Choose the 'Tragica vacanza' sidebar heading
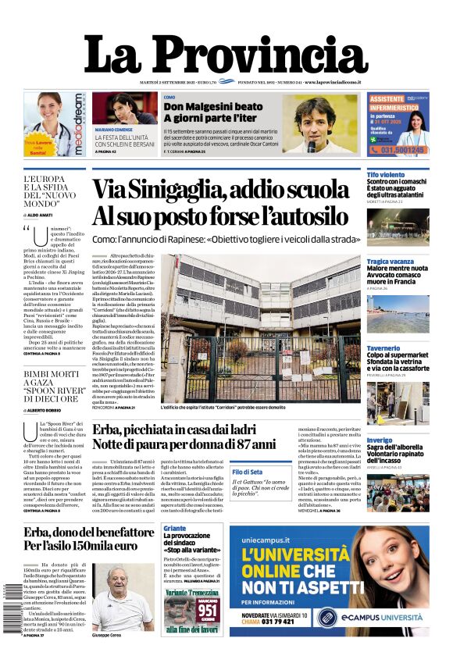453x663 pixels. pyautogui.click(x=391, y=261)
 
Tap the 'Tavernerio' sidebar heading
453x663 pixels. pyautogui.click(x=383, y=348)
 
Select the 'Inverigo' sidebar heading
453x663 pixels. pyautogui.click(x=380, y=440)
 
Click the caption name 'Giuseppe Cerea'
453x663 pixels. pyautogui.click(x=108, y=636)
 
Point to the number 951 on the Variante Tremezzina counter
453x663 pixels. pyautogui.click(x=209, y=608)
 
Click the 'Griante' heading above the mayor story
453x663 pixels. pyautogui.click(x=174, y=528)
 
